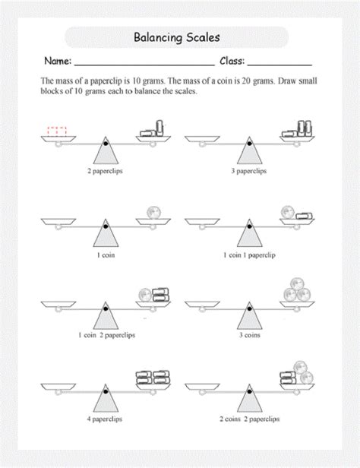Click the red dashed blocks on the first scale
(57, 131)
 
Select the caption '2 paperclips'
(104, 172)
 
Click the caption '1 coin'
(104, 257)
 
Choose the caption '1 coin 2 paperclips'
(104, 334)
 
